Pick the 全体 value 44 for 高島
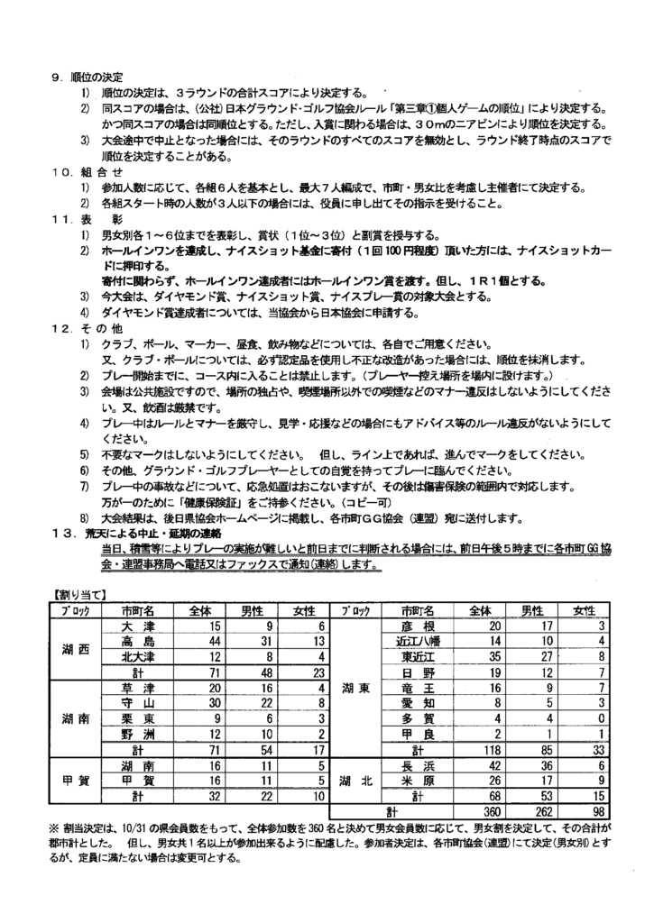coord(214,639)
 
